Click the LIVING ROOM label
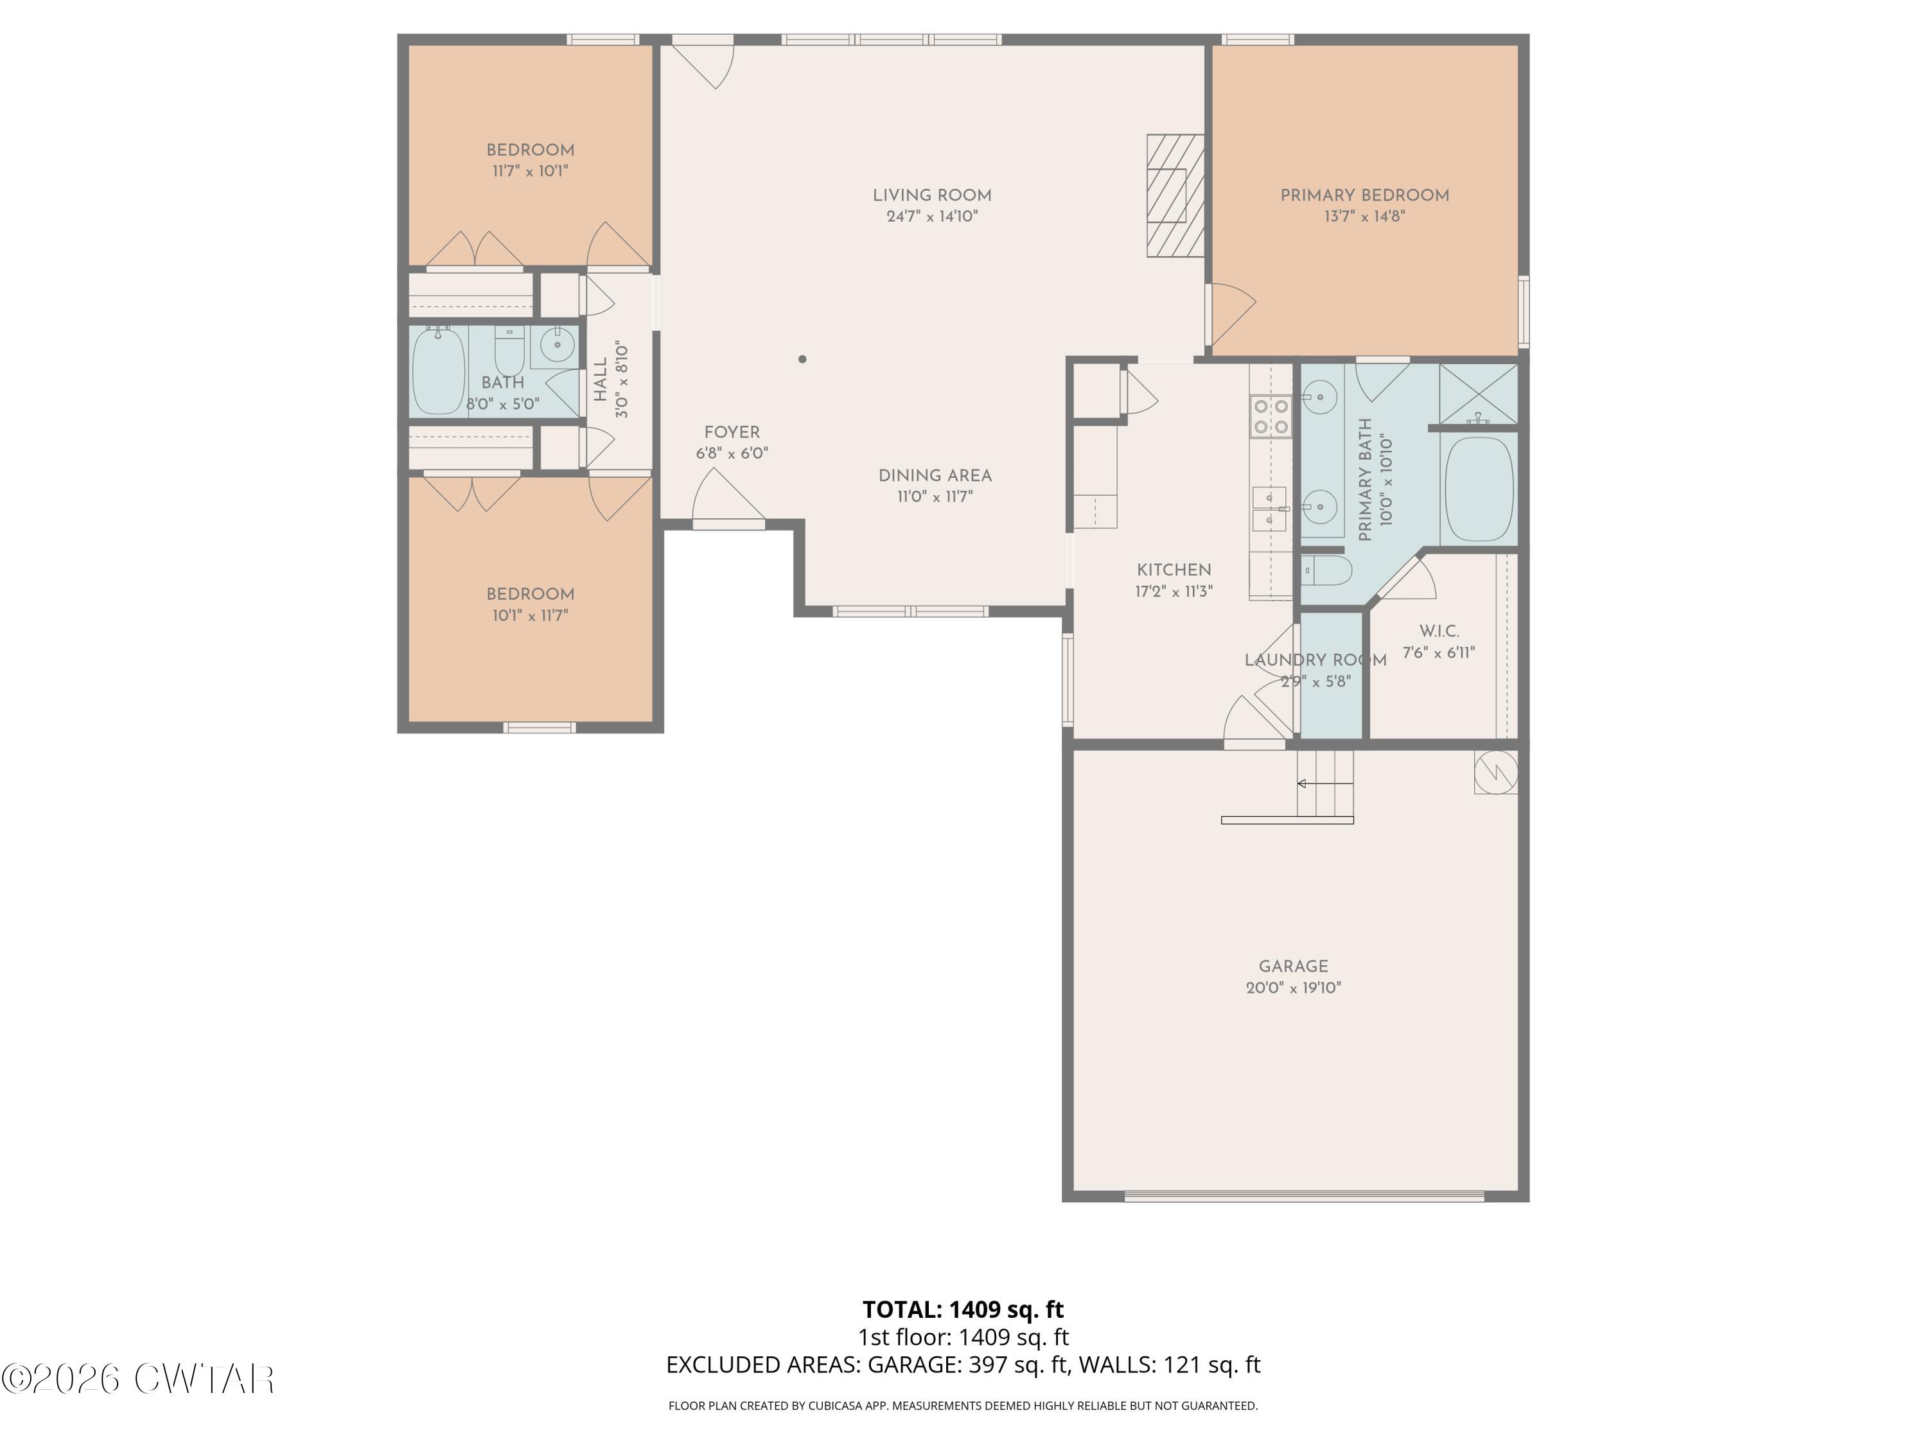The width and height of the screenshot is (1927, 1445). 932,196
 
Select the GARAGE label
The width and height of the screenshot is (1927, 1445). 1293,966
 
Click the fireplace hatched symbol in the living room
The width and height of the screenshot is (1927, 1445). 1174,195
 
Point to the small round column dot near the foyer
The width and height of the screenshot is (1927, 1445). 802,359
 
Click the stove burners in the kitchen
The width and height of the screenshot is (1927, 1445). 1269,416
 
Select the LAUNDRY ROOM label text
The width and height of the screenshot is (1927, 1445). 1315,660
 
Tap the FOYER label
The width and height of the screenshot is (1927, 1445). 732,433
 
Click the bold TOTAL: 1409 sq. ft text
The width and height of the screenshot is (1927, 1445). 963,1309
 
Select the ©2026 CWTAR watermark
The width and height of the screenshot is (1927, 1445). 137,1379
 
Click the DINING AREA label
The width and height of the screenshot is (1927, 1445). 935,476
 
